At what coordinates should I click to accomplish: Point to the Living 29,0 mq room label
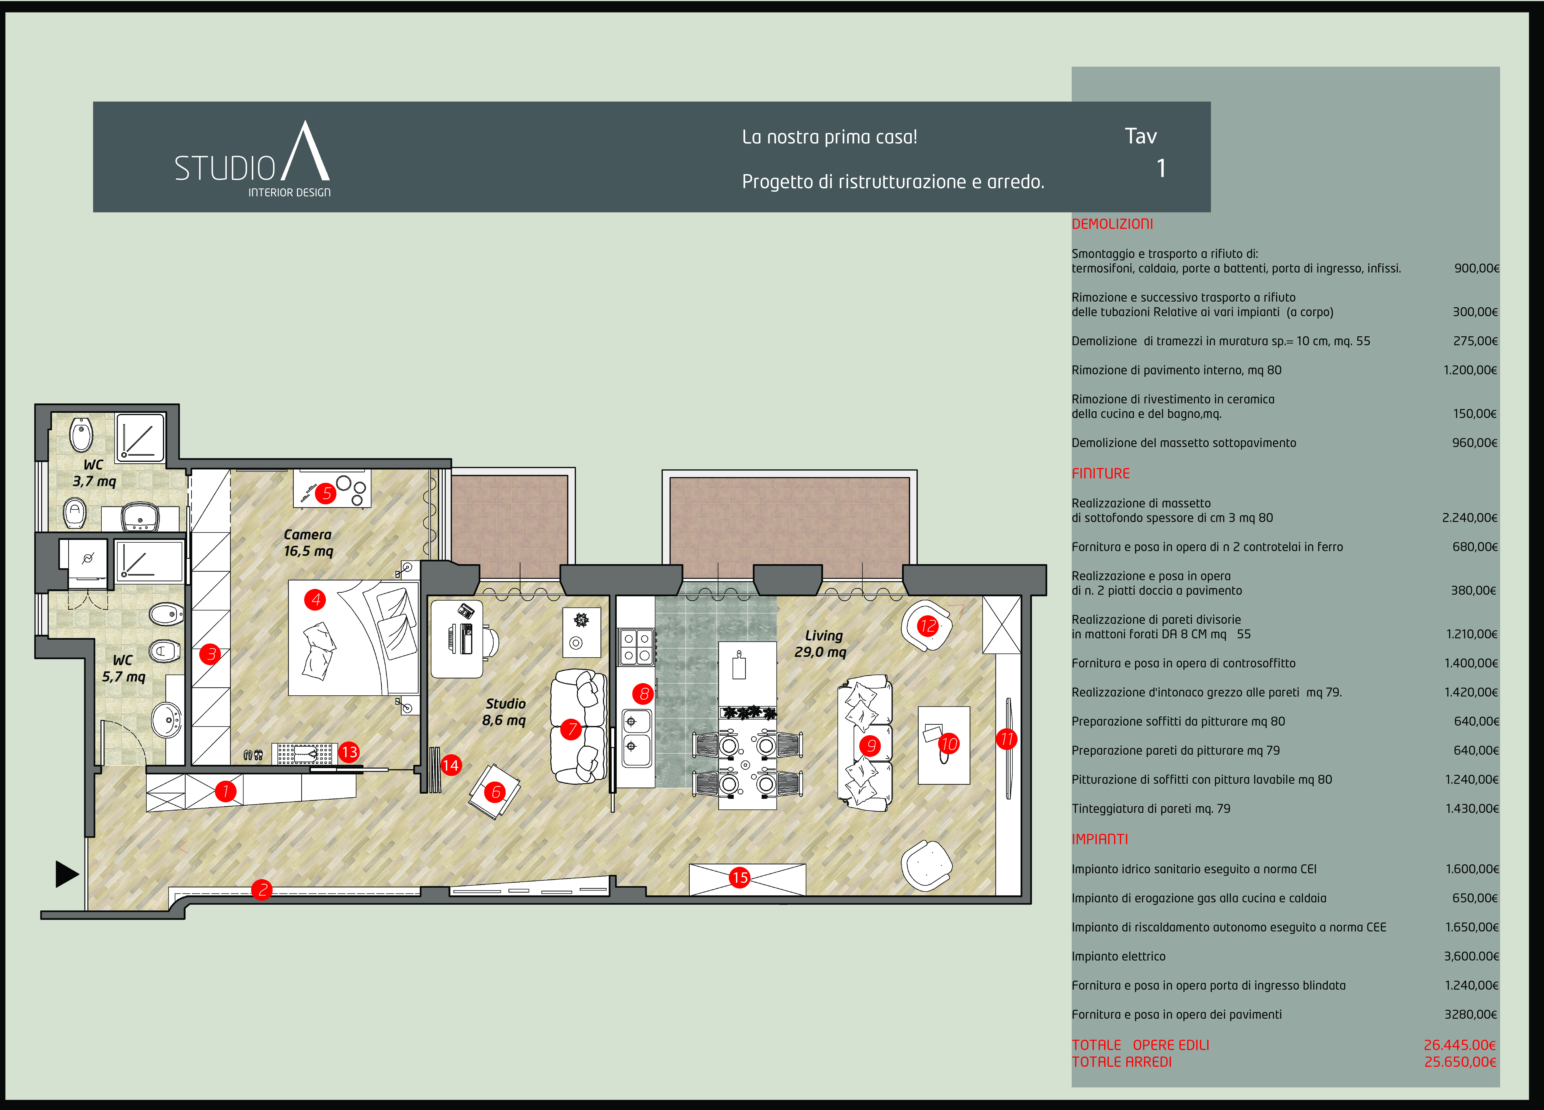[821, 644]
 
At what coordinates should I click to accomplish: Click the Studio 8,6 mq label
[505, 712]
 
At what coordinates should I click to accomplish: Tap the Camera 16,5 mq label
[308, 543]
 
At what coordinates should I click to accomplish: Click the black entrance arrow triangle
[67, 874]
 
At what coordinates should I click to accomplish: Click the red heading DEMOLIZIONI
[1112, 224]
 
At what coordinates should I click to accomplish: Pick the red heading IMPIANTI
[1100, 839]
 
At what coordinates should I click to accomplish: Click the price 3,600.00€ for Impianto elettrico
[1471, 956]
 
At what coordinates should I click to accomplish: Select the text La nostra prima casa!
[830, 137]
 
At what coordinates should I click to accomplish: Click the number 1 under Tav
[1161, 168]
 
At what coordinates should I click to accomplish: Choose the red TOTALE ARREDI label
[1122, 1062]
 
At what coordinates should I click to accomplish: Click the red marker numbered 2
[262, 889]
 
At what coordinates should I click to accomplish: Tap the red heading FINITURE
[1101, 474]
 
